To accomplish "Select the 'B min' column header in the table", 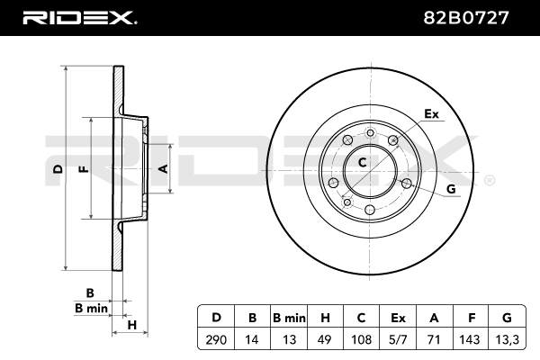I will (x=289, y=317).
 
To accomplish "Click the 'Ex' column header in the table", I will (x=398, y=317).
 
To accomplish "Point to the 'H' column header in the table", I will (x=325, y=317).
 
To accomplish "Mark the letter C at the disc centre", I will (x=362, y=163).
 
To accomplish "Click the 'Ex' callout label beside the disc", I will (x=431, y=114).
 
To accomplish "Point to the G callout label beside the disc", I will (x=451, y=188).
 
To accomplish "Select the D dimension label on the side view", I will (x=57, y=168).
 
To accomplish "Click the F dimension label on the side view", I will (x=83, y=168).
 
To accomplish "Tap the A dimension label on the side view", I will (x=163, y=168).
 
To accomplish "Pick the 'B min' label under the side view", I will (x=91, y=308).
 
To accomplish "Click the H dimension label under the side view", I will (x=131, y=325).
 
